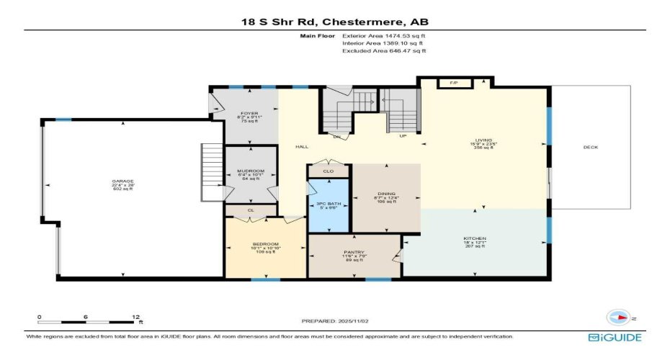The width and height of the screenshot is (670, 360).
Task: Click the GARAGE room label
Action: [x=122, y=181]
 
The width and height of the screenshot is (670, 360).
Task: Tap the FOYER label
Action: [x=249, y=113]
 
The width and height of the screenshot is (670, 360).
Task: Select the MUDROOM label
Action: [x=250, y=171]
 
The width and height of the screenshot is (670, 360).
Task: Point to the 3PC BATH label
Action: [x=329, y=204]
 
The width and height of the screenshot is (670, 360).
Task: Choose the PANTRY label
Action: [x=353, y=253]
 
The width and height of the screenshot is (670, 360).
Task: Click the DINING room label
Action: [x=387, y=194]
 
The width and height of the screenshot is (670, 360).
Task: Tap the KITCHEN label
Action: [x=475, y=238]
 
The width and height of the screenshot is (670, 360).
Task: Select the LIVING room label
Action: [x=483, y=140]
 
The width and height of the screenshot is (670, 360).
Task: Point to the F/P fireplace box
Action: [x=454, y=84]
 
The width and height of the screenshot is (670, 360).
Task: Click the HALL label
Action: [x=302, y=147]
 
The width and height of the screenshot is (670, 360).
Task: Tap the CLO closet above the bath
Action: [x=328, y=171]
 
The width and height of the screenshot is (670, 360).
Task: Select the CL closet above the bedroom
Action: [x=250, y=210]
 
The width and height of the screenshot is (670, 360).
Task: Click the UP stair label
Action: [x=404, y=135]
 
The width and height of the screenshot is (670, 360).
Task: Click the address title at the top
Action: [x=334, y=22]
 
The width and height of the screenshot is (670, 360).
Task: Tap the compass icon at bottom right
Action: [x=619, y=316]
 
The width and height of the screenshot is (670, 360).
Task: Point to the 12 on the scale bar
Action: [x=135, y=315]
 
